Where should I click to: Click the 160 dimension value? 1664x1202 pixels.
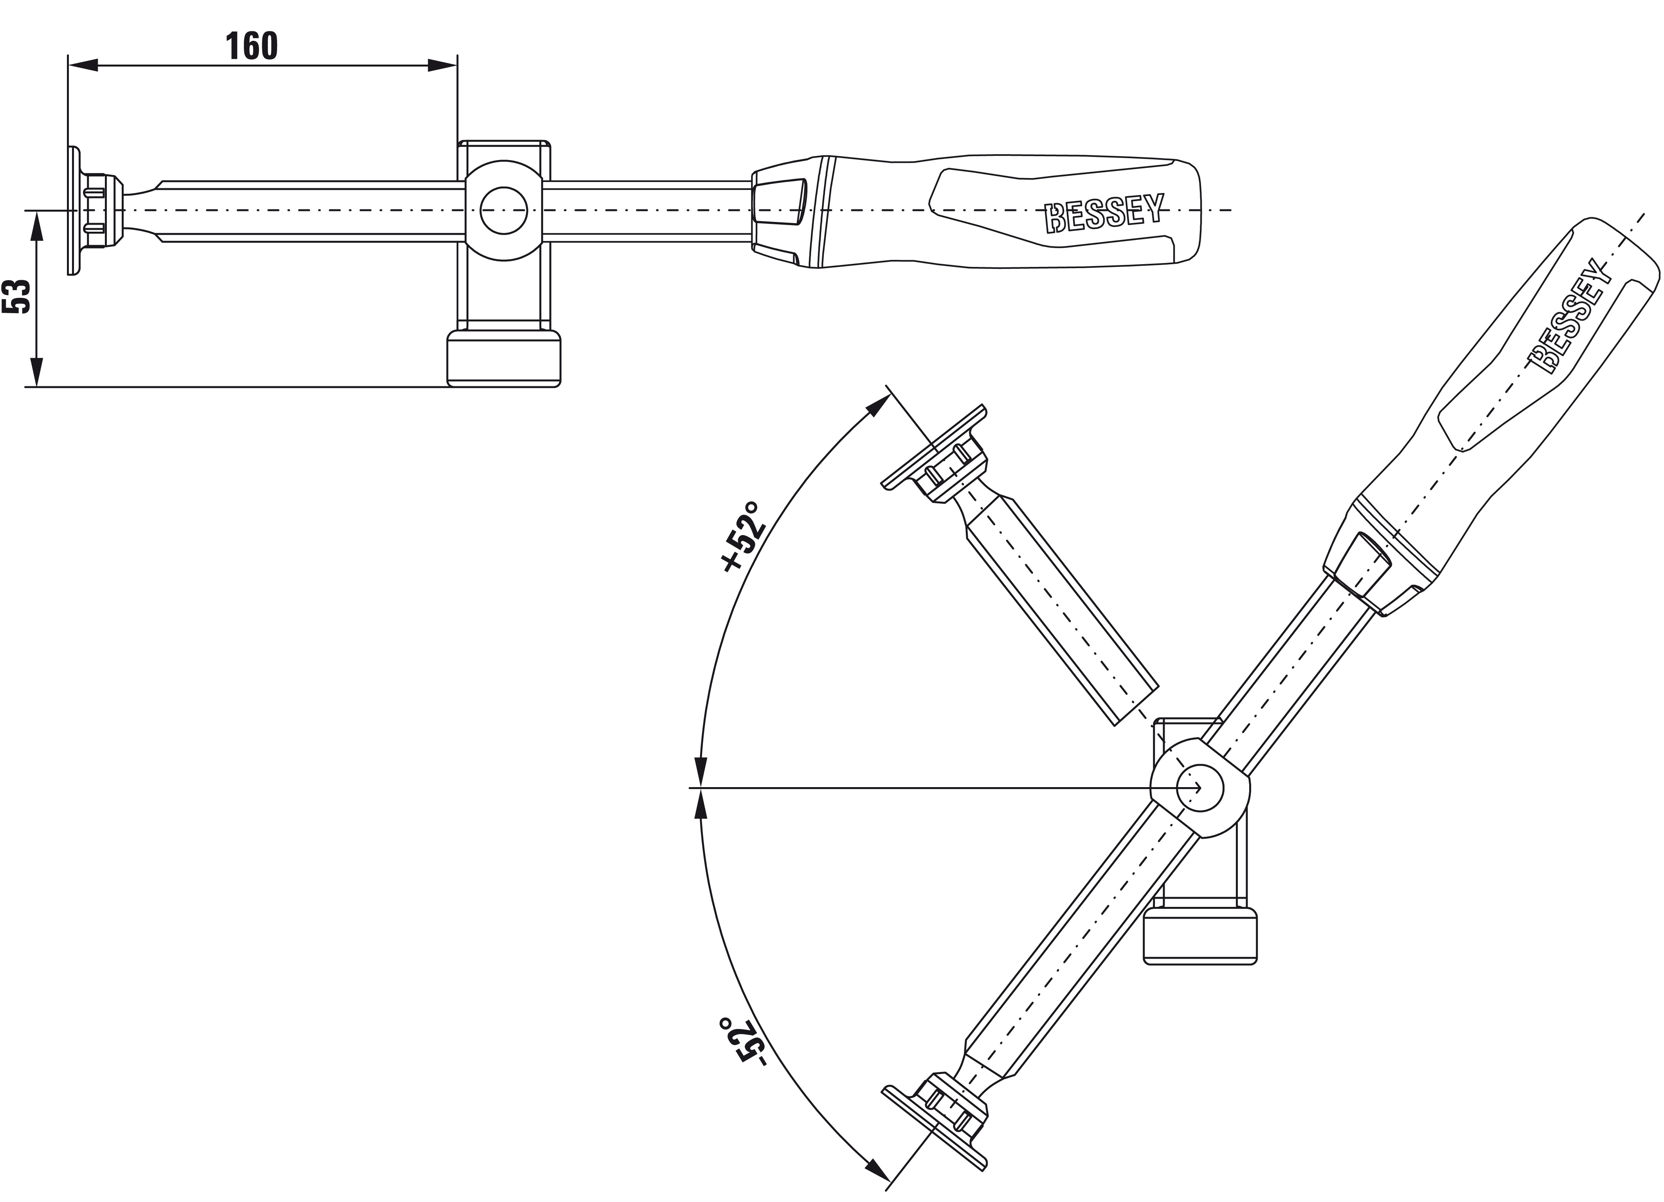[252, 46]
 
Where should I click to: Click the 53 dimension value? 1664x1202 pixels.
[18, 296]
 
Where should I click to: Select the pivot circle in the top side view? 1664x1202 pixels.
[504, 211]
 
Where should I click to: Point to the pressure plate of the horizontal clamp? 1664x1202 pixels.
[73, 211]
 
